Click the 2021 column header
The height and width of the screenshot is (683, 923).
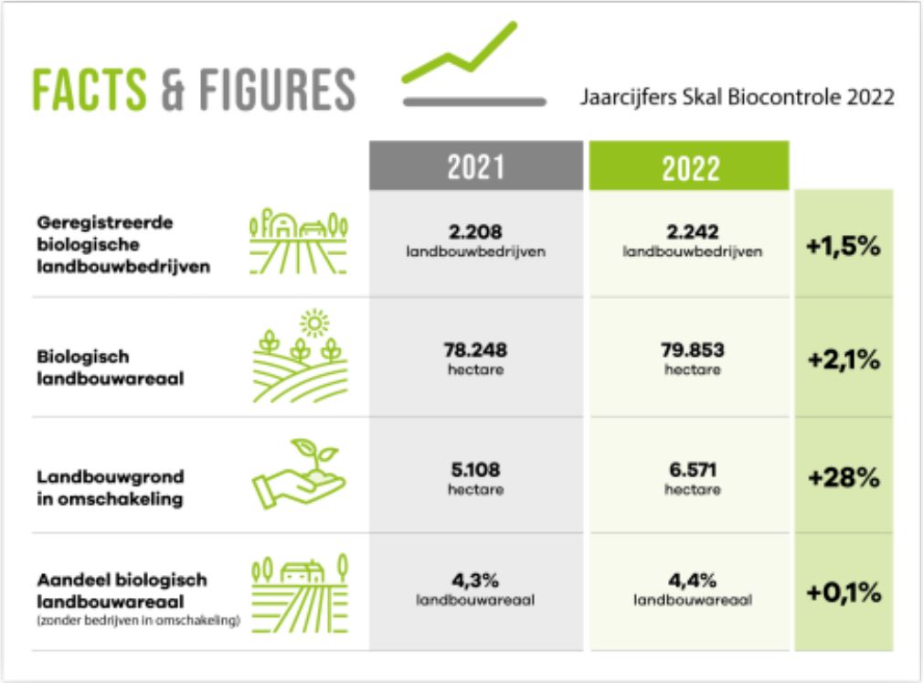(475, 165)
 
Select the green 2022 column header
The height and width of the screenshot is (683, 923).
(689, 165)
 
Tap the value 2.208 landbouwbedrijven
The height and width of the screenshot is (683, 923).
(475, 240)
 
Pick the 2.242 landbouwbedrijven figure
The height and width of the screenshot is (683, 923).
(693, 240)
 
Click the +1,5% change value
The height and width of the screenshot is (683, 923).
(843, 246)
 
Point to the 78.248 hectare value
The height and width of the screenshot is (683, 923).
(475, 358)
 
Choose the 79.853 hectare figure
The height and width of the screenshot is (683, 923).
(693, 358)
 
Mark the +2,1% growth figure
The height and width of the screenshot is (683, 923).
(843, 359)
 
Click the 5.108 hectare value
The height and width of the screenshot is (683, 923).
(475, 479)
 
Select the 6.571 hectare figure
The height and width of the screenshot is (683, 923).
(693, 479)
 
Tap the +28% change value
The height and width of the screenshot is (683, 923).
(843, 477)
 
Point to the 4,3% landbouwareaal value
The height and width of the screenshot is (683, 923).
(475, 590)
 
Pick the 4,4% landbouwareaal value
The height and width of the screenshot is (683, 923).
(693, 590)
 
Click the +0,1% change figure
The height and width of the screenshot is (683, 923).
(843, 592)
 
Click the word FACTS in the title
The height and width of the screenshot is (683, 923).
(89, 90)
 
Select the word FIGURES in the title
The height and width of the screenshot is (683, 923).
(277, 90)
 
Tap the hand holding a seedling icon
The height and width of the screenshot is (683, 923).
(299, 474)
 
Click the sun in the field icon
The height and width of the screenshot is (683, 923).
(314, 324)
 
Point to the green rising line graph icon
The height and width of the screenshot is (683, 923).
(459, 52)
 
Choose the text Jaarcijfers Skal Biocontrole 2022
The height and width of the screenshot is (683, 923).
(737, 97)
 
